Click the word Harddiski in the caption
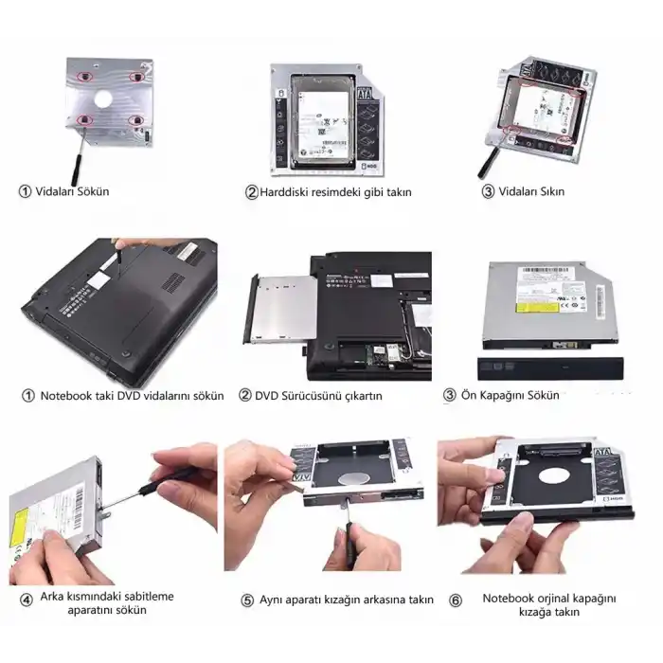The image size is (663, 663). tap(288, 192)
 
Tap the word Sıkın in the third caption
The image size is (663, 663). tap(547, 191)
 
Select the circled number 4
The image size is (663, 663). tap(26, 600)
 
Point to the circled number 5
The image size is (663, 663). tap(247, 600)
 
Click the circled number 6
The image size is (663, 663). tap(455, 600)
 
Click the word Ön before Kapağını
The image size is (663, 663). tap(469, 395)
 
